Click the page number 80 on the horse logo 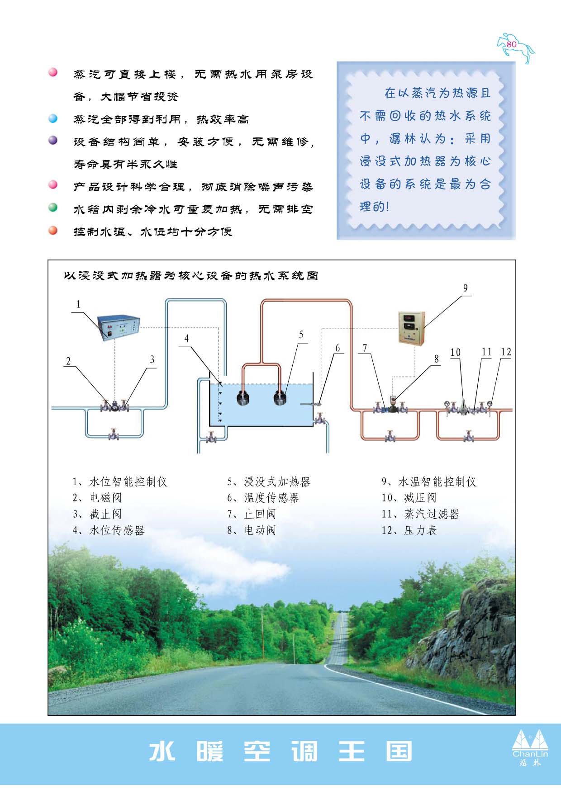tap(512, 44)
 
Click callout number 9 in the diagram tap(465, 288)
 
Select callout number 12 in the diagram tap(506, 352)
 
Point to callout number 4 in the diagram tap(186, 338)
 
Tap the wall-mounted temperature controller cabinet tap(411, 328)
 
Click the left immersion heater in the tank tap(244, 398)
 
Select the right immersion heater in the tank tap(280, 398)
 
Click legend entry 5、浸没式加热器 tap(269, 482)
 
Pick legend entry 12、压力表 tap(409, 530)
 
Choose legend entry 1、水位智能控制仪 tap(120, 482)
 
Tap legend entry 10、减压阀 tap(409, 498)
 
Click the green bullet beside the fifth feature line tap(53, 208)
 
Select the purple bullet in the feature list tap(53, 140)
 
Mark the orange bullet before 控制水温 tap(53, 230)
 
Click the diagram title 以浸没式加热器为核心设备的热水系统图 tap(191, 276)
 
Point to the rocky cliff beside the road tap(471, 624)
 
